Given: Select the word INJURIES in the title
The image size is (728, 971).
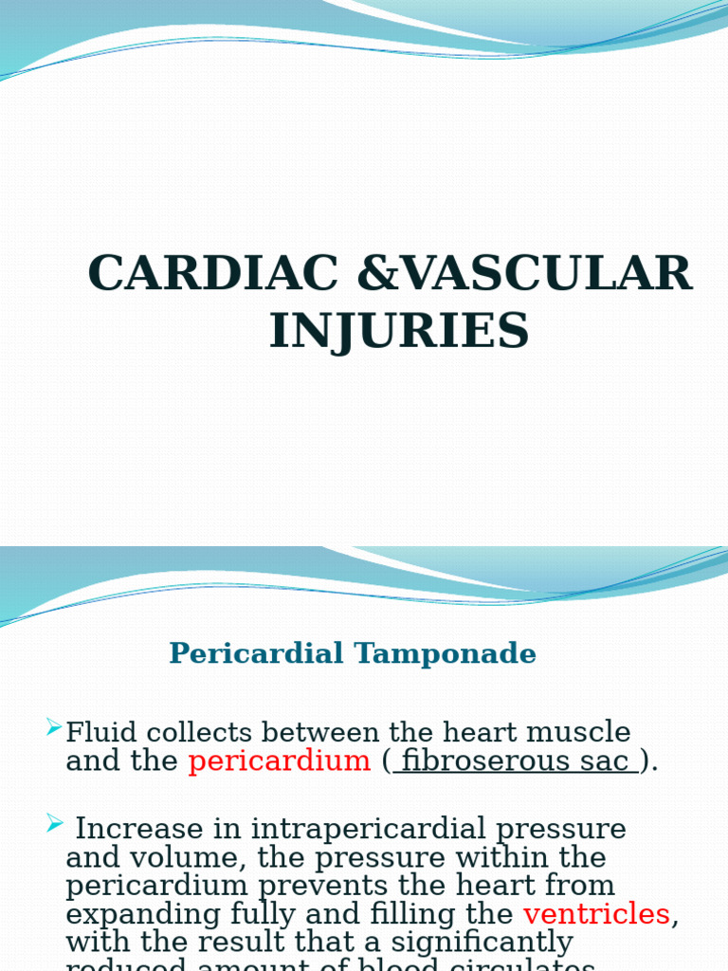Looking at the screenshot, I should (x=399, y=332).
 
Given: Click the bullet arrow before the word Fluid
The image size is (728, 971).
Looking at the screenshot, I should (x=54, y=727).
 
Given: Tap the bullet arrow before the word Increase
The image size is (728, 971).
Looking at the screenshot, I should (x=54, y=824).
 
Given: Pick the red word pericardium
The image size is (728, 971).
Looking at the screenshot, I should (x=279, y=761).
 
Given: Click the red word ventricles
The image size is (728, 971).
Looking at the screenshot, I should (x=596, y=914).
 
